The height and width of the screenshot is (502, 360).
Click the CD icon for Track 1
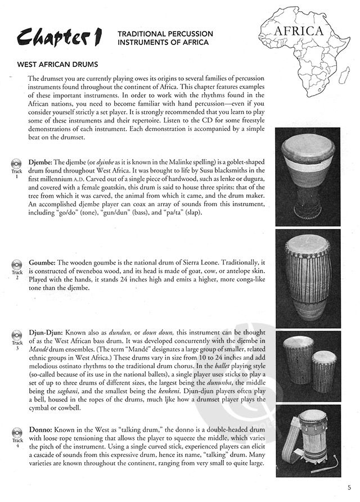[x=17, y=162]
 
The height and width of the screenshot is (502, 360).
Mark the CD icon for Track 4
[x=17, y=433]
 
